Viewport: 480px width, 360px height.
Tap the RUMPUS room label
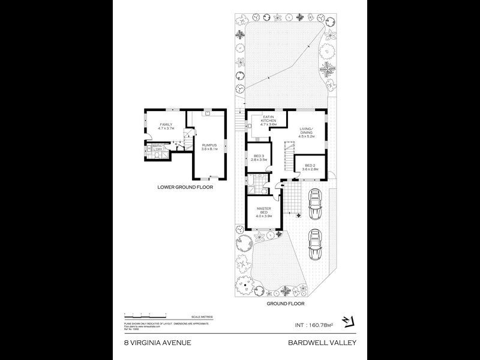pos(209,146)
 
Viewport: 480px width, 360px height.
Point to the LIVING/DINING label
pos(307,132)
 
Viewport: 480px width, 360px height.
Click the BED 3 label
pos(259,159)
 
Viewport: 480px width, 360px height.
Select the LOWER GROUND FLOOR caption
pos(185,187)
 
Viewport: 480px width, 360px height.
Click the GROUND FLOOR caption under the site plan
pos(285,304)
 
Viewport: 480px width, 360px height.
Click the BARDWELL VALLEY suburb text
pos(322,343)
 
